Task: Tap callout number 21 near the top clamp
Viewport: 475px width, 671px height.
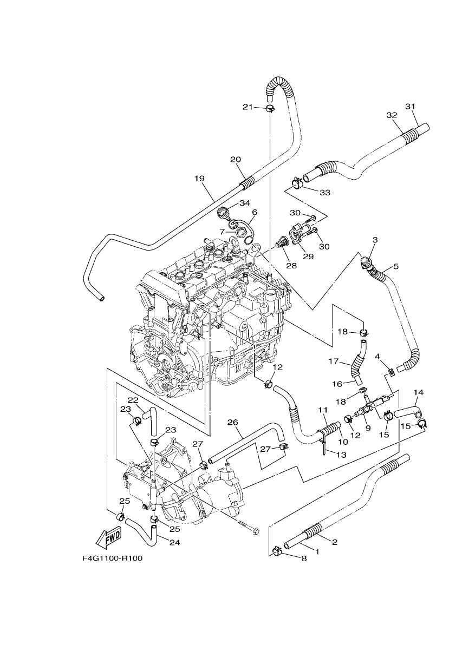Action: pos(248,107)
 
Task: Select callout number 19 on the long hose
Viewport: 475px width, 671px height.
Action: pos(199,179)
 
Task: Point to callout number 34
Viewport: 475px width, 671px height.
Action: pos(245,203)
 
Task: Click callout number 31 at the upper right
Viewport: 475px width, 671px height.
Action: pos(410,107)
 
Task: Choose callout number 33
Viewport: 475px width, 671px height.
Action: pos(325,193)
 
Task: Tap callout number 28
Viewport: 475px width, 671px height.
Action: pos(291,265)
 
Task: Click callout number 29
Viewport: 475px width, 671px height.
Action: pos(308,256)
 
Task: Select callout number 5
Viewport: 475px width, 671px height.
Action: pos(396,266)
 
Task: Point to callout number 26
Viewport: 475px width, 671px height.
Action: pos(232,423)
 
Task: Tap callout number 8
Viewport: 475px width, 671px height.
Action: pos(304,558)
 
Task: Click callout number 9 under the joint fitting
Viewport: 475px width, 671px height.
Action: pos(368,429)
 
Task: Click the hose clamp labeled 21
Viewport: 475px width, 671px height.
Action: pos(270,108)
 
